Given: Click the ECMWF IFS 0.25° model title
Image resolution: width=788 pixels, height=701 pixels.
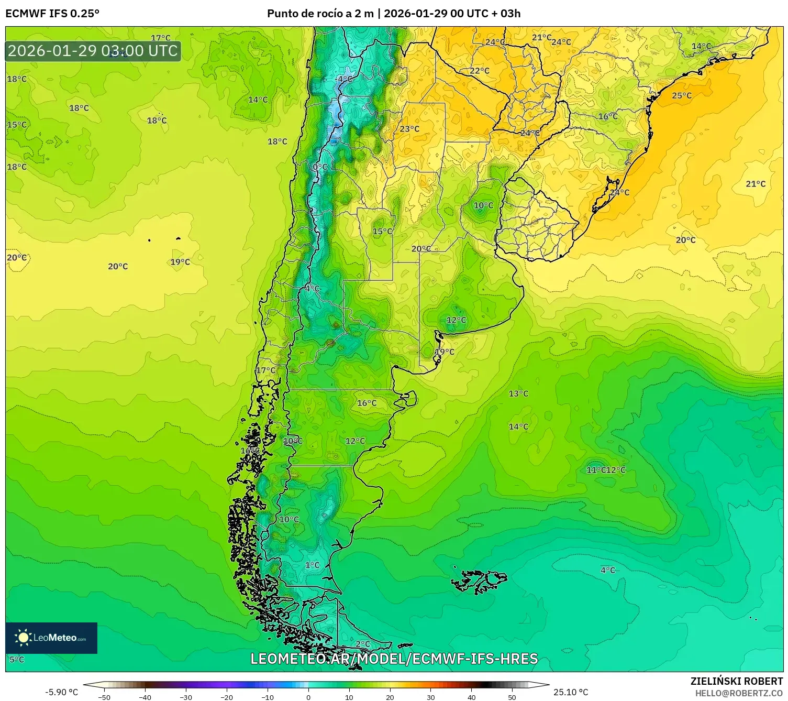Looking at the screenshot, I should tap(52, 14).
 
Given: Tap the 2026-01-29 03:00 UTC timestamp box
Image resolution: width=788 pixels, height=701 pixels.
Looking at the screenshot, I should tap(93, 51).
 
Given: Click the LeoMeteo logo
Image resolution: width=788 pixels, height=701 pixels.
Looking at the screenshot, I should tap(51, 638).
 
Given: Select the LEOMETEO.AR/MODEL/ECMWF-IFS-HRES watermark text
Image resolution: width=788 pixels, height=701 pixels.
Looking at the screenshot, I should tap(394, 659).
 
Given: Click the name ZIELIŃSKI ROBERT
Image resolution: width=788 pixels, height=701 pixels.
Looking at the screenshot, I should tap(736, 681).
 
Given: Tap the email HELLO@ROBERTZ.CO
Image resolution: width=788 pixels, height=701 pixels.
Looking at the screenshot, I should tap(739, 693).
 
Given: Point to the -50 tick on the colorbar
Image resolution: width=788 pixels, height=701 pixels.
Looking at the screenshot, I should tap(104, 697).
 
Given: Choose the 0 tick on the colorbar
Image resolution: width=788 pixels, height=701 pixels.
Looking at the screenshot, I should tap(308, 697).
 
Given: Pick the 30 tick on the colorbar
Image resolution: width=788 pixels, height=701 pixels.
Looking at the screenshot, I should tap(430, 697).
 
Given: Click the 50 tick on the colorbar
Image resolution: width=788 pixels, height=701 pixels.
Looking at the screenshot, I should tap(512, 697).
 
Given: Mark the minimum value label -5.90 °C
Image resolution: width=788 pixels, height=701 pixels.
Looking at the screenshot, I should tap(62, 692).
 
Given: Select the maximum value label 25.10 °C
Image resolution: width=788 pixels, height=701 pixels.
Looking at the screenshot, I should tap(571, 692).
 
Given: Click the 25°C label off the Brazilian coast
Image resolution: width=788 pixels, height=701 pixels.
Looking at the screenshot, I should tap(682, 96).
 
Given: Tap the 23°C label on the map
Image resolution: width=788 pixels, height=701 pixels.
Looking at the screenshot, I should tap(409, 129).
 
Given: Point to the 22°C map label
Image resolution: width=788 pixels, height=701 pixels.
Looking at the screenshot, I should tap(479, 71).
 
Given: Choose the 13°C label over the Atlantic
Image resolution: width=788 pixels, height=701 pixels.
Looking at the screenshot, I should tap(518, 393).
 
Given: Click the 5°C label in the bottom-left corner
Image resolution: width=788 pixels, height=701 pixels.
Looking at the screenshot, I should tap(17, 660).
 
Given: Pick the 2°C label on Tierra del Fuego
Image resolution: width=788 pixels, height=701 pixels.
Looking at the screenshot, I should tap(363, 644).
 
